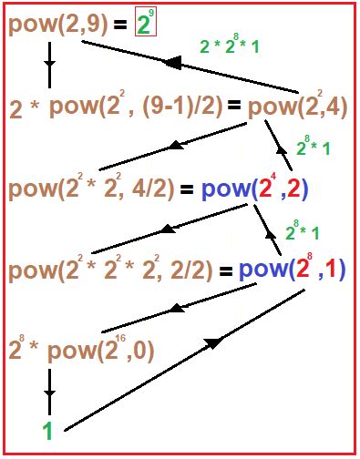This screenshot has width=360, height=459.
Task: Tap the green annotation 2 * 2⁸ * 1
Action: pos(229,46)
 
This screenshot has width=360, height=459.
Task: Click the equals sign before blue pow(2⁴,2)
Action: pos(188,191)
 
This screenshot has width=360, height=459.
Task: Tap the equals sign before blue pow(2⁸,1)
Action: pos(226,271)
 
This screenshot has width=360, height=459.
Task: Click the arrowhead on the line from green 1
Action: pos(215,342)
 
